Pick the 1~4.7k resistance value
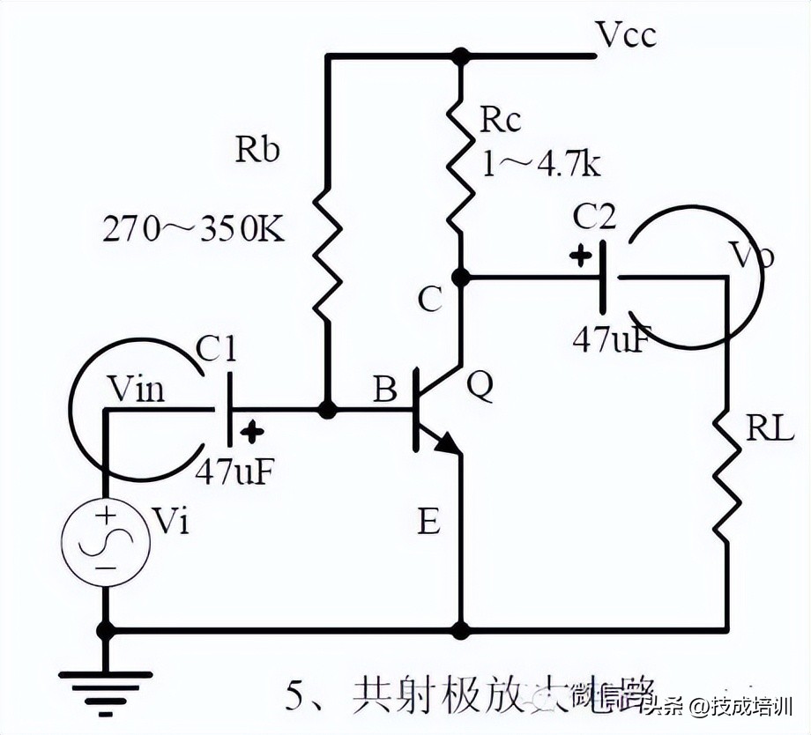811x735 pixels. [539, 163]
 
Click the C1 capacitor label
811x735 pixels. [216, 351]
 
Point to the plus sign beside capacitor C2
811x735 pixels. [579, 257]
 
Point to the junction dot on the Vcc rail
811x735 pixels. [459, 56]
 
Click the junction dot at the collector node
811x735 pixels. [459, 278]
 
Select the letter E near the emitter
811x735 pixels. [428, 523]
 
